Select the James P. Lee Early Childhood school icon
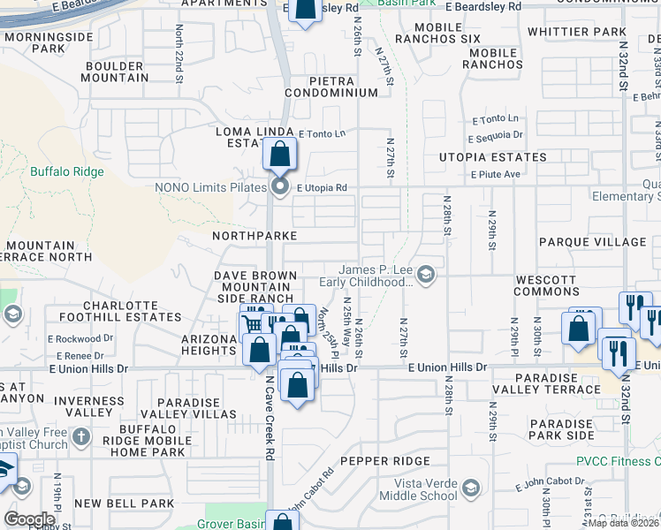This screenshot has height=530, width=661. pyautogui.click(x=426, y=276)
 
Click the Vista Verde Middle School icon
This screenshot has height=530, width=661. pyautogui.click(x=471, y=488)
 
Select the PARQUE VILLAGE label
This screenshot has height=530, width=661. pyautogui.click(x=592, y=242)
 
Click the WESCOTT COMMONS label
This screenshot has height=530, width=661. pyautogui.click(x=545, y=285)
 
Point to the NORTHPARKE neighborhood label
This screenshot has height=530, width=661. pyautogui.click(x=255, y=237)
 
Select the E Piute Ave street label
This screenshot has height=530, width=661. pyautogui.click(x=495, y=175)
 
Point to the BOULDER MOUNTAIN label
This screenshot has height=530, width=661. pyautogui.click(x=115, y=72)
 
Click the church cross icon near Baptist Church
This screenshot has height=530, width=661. pyautogui.click(x=80, y=436)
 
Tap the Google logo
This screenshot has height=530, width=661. pyautogui.click(x=29, y=519)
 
